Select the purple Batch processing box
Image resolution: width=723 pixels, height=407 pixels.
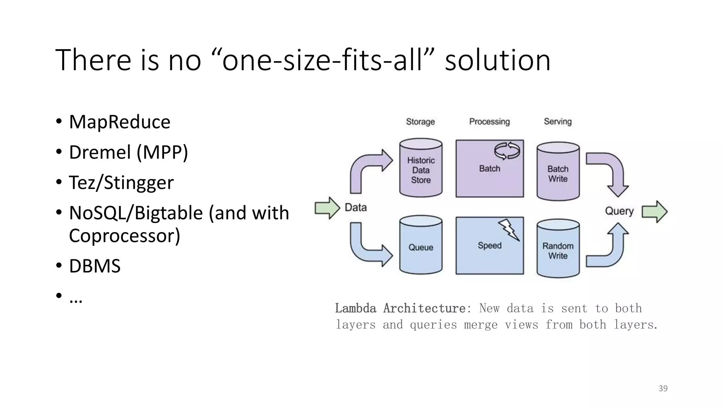click(489, 173)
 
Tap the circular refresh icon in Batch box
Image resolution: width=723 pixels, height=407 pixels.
click(507, 151)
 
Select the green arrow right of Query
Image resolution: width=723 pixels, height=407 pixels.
click(654, 212)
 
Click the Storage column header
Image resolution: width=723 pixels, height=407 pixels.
click(420, 122)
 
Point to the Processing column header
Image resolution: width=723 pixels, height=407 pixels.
click(489, 122)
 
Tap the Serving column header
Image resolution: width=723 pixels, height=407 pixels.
click(557, 122)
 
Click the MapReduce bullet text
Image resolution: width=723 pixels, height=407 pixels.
click(120, 122)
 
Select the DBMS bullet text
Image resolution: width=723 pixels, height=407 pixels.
click(95, 266)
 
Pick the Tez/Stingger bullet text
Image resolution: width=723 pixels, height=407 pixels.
click(121, 183)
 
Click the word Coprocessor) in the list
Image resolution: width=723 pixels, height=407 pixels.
click(124, 236)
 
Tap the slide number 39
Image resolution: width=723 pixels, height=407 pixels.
click(663, 389)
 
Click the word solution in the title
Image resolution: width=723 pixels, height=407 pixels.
click(497, 60)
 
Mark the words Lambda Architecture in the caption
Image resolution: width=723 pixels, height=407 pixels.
click(400, 308)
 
